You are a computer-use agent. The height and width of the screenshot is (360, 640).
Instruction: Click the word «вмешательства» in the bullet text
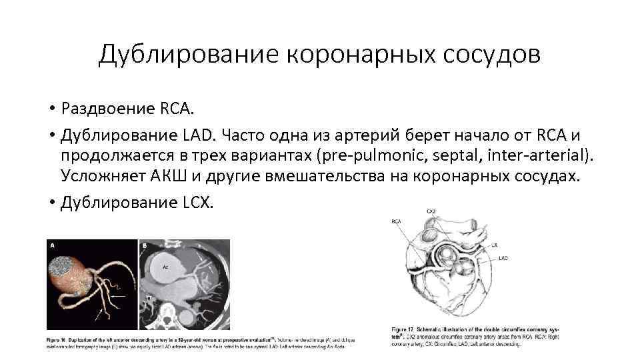pos(354,177)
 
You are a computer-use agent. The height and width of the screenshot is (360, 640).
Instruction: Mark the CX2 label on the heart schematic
pos(431,211)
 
